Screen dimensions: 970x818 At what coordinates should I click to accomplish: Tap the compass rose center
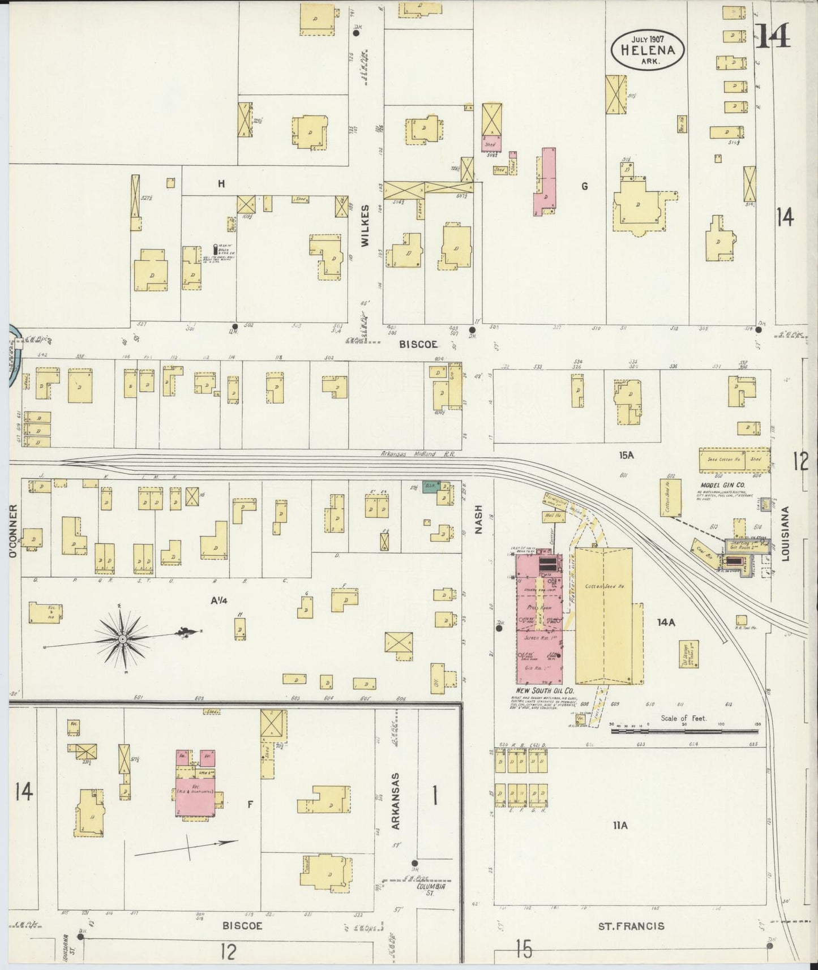tap(122, 639)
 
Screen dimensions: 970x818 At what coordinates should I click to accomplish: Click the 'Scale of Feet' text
tap(684, 718)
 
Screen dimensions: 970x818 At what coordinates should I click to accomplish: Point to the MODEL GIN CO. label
tap(722, 485)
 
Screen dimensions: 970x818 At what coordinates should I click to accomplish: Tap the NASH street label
tap(479, 520)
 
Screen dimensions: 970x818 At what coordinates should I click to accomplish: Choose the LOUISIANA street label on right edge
tap(785, 541)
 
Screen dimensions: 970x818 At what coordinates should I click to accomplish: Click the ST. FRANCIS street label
tap(631, 926)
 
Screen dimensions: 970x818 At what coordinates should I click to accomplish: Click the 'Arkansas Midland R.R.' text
tap(418, 453)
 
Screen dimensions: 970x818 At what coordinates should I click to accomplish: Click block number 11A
tap(620, 826)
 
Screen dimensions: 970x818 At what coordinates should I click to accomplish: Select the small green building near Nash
tap(429, 487)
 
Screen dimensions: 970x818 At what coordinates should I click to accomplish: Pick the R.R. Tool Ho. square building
tap(740, 619)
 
